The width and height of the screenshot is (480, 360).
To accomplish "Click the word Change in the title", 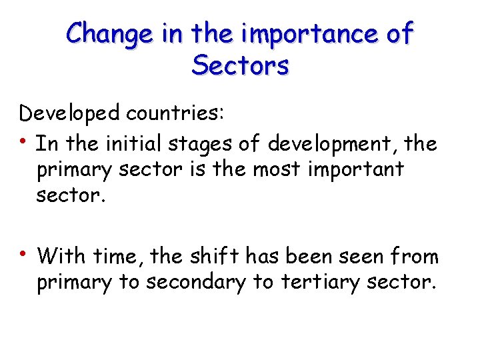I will point(110,33).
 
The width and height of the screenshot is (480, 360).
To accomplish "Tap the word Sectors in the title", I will point(240,65).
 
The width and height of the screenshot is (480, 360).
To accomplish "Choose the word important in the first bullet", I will point(359,169).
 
